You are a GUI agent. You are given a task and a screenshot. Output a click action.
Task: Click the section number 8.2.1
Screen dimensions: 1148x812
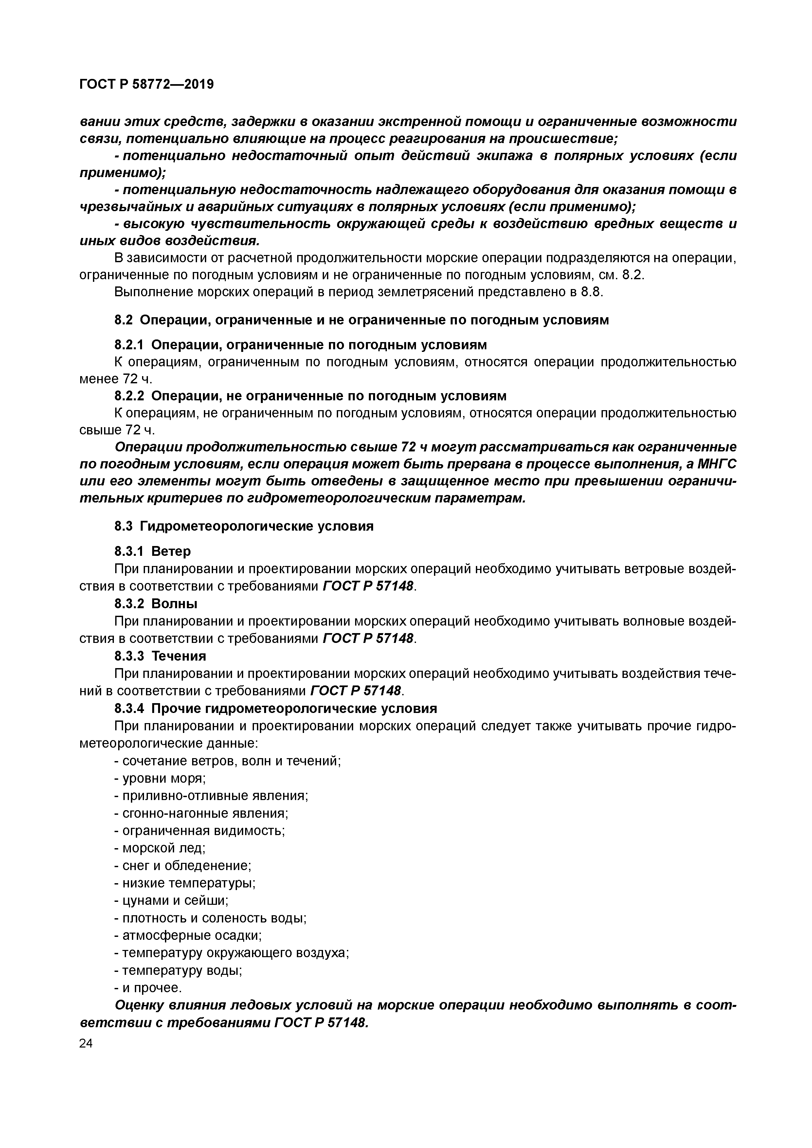[129, 345]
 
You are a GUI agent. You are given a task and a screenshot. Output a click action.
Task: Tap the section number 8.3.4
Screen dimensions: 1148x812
[129, 708]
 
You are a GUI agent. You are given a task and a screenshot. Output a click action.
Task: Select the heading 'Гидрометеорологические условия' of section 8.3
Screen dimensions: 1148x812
[257, 526]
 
